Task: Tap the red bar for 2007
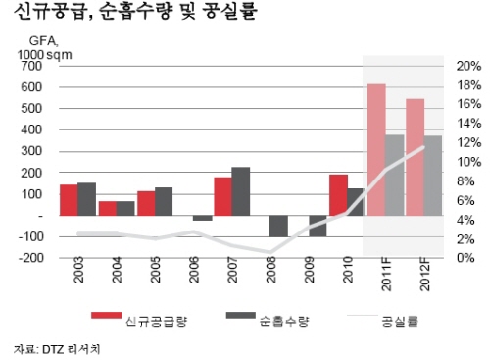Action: (x=222, y=196)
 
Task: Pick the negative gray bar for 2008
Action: (x=279, y=226)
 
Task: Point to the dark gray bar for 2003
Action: (x=86, y=199)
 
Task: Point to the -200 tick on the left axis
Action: (x=28, y=257)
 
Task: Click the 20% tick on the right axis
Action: (x=467, y=65)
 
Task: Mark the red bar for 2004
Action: (x=108, y=208)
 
